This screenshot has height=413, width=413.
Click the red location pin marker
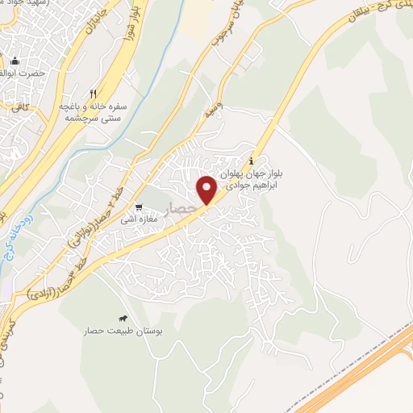206,189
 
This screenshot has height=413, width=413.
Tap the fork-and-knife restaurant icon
94,94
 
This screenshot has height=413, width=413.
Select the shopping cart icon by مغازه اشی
139,206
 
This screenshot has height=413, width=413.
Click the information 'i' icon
254,159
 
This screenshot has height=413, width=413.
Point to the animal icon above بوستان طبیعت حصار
123,319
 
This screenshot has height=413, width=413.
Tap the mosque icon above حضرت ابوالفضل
15,61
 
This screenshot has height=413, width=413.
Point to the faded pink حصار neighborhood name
181,209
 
